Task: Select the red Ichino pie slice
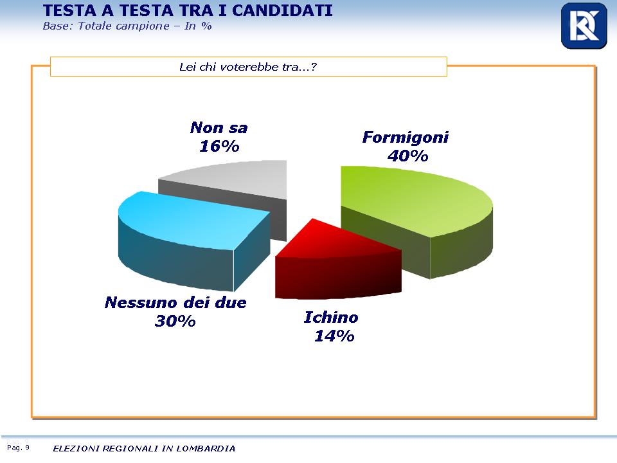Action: pos(339,264)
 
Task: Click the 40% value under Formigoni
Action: pos(407,156)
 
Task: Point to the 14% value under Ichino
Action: pos(334,336)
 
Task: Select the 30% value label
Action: pos(175,321)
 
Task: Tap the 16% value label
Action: pos(219,146)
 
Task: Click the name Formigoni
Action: pos(406,138)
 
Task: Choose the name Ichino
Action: pos(331,317)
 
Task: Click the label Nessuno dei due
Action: pos(175,302)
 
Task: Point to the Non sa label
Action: pos(219,127)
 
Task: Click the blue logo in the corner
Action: pos(584,26)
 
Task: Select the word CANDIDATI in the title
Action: pos(282,11)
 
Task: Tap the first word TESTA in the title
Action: pos(69,11)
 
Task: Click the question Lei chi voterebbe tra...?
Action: pos(248,67)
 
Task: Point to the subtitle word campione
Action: pos(143,26)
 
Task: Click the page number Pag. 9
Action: pos(18,448)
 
